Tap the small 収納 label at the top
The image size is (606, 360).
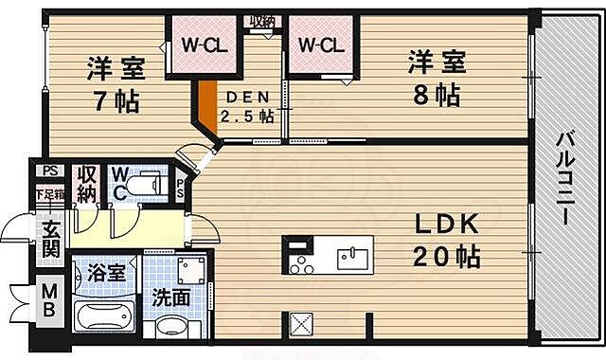[262, 22]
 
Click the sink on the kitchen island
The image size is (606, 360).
[352, 255]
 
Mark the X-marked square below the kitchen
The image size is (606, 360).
[302, 323]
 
